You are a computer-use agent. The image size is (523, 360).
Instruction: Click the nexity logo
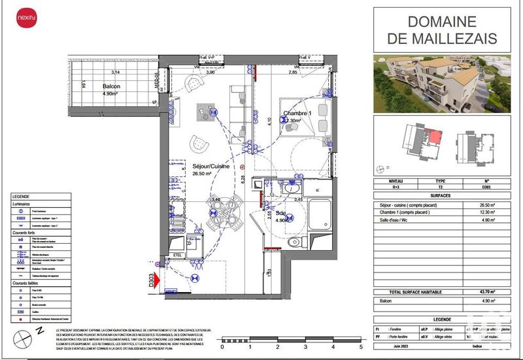click(27, 17)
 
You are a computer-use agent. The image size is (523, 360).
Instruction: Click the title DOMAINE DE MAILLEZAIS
click(443, 29)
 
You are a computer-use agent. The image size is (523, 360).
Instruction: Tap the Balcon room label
click(111, 86)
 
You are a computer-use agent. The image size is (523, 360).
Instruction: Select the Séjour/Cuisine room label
click(212, 166)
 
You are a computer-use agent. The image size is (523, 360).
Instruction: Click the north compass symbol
click(25, 339)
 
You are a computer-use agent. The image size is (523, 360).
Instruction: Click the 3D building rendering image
click(443, 82)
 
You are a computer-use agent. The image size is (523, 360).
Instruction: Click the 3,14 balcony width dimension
click(116, 72)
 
